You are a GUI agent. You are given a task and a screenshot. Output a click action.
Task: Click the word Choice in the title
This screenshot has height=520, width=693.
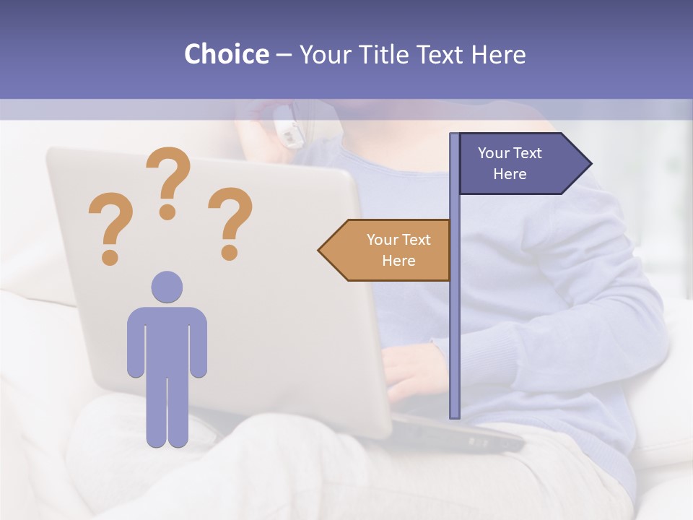pyautogui.click(x=226, y=54)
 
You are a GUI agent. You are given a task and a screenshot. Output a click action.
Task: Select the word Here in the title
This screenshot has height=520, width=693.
pyautogui.click(x=498, y=54)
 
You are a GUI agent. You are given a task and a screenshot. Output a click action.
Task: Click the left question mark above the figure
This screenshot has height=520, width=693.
pyautogui.click(x=110, y=228)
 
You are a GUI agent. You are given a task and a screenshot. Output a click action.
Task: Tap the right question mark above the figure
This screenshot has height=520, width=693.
pyautogui.click(x=230, y=223)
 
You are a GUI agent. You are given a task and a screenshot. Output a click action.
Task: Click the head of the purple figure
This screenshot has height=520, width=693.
pyautogui.click(x=167, y=286)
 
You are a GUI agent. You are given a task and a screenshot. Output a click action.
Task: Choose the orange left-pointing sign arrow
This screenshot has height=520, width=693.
pyautogui.click(x=386, y=250)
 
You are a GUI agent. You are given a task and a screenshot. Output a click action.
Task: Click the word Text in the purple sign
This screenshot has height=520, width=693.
pyautogui.click(x=528, y=153)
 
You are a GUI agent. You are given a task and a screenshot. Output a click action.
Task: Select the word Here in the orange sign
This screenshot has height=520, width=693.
pyautogui.click(x=398, y=261)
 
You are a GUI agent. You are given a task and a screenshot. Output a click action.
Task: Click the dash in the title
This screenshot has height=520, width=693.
pyautogui.click(x=284, y=55)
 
